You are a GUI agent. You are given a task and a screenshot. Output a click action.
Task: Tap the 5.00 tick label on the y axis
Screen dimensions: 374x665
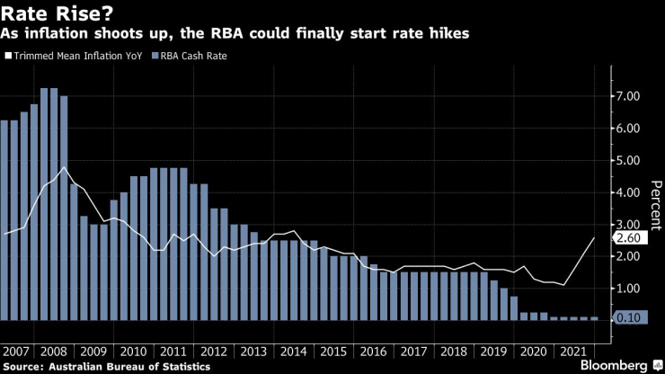(628, 160)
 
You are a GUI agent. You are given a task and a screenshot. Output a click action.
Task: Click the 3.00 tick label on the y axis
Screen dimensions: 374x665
(628, 225)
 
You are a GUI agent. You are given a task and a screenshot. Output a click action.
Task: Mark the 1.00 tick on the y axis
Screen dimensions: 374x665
(628, 289)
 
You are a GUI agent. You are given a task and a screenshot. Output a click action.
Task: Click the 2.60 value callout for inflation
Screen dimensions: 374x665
(629, 238)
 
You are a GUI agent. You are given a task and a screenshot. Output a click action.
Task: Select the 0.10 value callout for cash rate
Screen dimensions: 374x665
(629, 318)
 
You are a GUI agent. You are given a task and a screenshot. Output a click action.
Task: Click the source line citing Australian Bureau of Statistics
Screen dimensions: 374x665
(107, 366)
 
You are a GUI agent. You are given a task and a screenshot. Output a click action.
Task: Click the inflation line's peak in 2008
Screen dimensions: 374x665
(64, 167)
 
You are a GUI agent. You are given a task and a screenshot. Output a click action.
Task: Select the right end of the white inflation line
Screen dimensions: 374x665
(595, 237)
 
